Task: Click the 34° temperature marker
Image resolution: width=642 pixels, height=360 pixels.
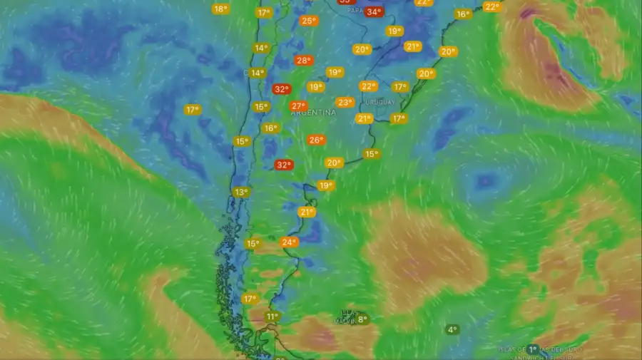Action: pos(373,11)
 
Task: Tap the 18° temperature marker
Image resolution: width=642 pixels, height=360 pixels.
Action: pos(220,9)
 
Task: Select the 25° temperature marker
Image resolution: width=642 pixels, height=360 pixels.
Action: pos(308,21)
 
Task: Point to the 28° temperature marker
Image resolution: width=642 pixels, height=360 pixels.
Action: pos(304,61)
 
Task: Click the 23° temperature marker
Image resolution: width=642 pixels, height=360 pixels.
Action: pos(345,102)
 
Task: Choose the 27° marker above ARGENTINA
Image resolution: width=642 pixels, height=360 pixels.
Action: pos(298,106)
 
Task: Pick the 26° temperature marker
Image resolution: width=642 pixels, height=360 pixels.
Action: pos(316,140)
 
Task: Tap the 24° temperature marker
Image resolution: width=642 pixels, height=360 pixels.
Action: pos(289,242)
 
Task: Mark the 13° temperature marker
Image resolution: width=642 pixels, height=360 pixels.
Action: pos(241,192)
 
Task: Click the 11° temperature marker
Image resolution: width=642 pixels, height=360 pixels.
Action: pos(272,317)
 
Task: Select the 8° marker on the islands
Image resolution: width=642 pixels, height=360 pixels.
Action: pos(362,320)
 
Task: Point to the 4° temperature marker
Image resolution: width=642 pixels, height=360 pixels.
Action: pos(452,329)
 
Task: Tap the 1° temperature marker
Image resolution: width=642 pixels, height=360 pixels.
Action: pos(533,349)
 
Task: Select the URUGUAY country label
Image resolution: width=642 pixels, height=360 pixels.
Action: pos(381,102)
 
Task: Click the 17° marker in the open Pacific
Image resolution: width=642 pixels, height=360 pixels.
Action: pos(192,110)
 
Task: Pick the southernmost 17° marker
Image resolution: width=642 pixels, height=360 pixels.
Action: pos(250,299)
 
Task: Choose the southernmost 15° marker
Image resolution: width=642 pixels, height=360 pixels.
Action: pos(253,244)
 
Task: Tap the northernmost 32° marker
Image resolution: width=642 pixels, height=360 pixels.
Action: pos(282,89)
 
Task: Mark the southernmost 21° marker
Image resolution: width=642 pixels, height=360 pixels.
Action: pos(307,212)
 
